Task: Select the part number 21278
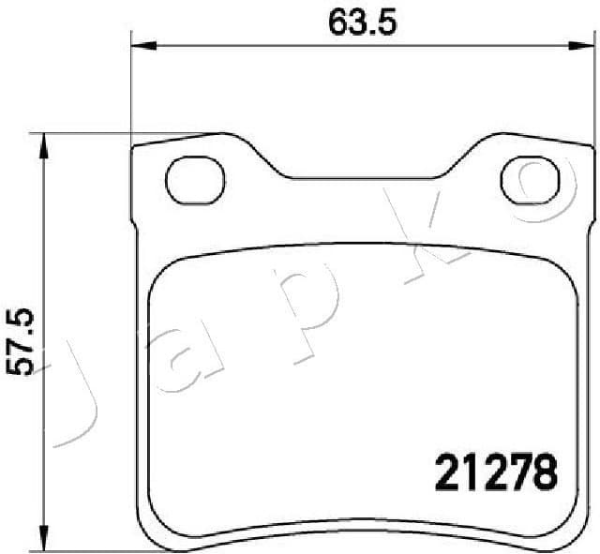point(496,472)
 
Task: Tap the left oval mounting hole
point(195,177)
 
